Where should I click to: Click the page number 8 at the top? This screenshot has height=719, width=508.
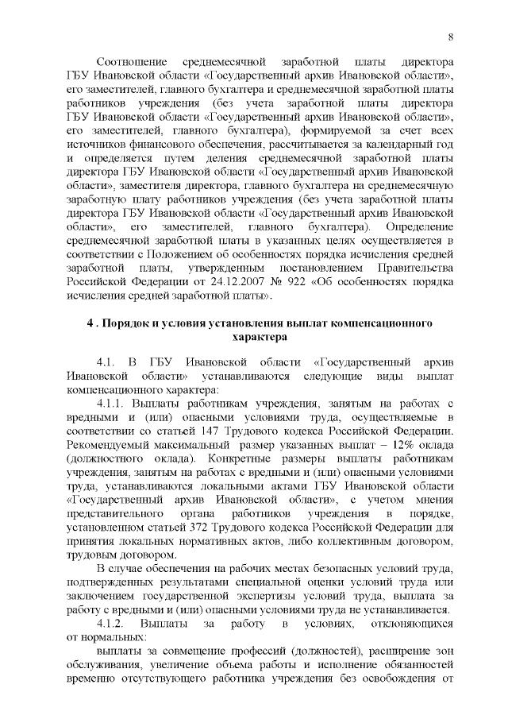tap(450, 37)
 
